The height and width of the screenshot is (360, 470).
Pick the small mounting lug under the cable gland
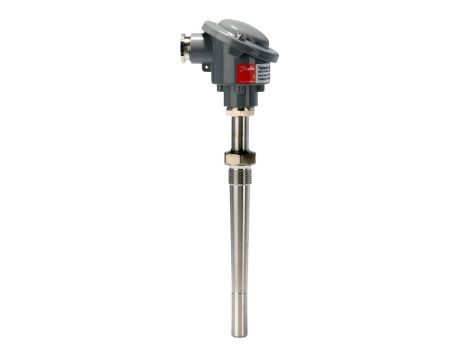tap(206, 69)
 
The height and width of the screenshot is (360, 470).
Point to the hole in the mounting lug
tap(205, 69)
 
